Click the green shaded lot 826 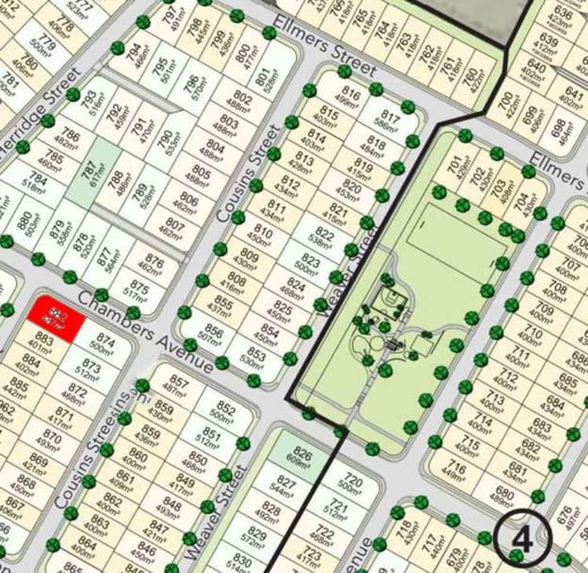pyautogui.click(x=301, y=458)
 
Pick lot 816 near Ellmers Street pyautogui.click(x=351, y=98)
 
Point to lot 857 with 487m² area pyautogui.click(x=180, y=385)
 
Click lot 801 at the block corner pyautogui.click(x=263, y=79)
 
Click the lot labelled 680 pyautogui.click(x=503, y=496)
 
